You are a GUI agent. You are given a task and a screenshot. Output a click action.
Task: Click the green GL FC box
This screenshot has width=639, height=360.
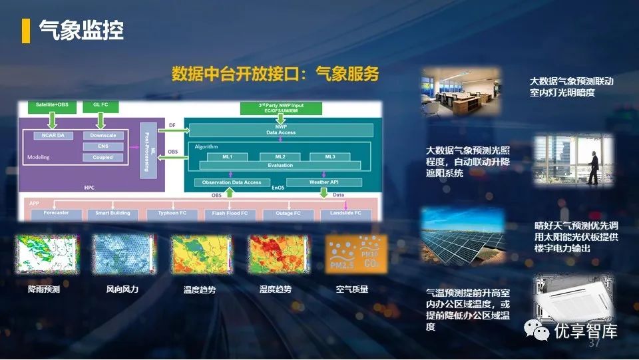pyautogui.click(x=101, y=106)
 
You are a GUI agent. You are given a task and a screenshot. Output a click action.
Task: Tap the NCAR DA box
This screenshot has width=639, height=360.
pyautogui.click(x=52, y=135)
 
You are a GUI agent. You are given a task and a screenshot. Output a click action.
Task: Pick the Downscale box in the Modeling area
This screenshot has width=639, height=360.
pyautogui.click(x=103, y=135)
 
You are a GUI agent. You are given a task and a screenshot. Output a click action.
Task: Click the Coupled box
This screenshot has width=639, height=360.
pyautogui.click(x=103, y=158)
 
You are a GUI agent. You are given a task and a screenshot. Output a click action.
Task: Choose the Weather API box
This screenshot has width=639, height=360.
pyautogui.click(x=324, y=182)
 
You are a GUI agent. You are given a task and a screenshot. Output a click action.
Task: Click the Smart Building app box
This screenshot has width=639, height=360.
pyautogui.click(x=112, y=214)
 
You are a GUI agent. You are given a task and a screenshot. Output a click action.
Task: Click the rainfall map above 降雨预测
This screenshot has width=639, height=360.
pyautogui.click(x=43, y=255)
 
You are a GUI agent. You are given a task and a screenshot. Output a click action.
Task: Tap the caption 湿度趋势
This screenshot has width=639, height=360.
pyautogui.click(x=276, y=289)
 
